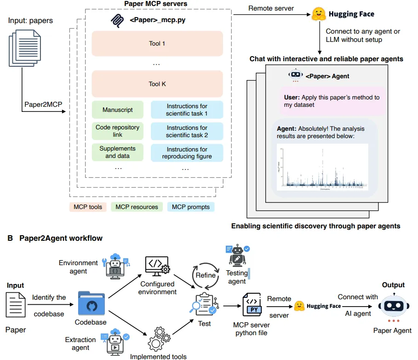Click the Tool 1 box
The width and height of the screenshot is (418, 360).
click(157, 44)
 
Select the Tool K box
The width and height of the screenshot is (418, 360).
click(157, 84)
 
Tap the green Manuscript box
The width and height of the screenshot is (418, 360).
click(118, 110)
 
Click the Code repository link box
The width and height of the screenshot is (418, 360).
click(118, 131)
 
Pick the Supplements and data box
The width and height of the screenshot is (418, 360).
click(118, 152)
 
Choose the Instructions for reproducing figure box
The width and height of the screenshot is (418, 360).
click(187, 153)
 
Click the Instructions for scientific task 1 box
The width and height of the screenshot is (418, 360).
click(187, 110)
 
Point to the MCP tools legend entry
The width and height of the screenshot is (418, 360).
click(88, 207)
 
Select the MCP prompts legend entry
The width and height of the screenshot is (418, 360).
click(190, 207)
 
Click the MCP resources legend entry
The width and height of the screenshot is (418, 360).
click(137, 207)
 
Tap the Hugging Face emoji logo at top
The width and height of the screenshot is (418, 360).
click(319, 14)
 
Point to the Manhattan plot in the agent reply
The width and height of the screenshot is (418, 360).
click(322, 167)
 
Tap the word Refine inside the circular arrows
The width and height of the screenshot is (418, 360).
click(206, 275)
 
